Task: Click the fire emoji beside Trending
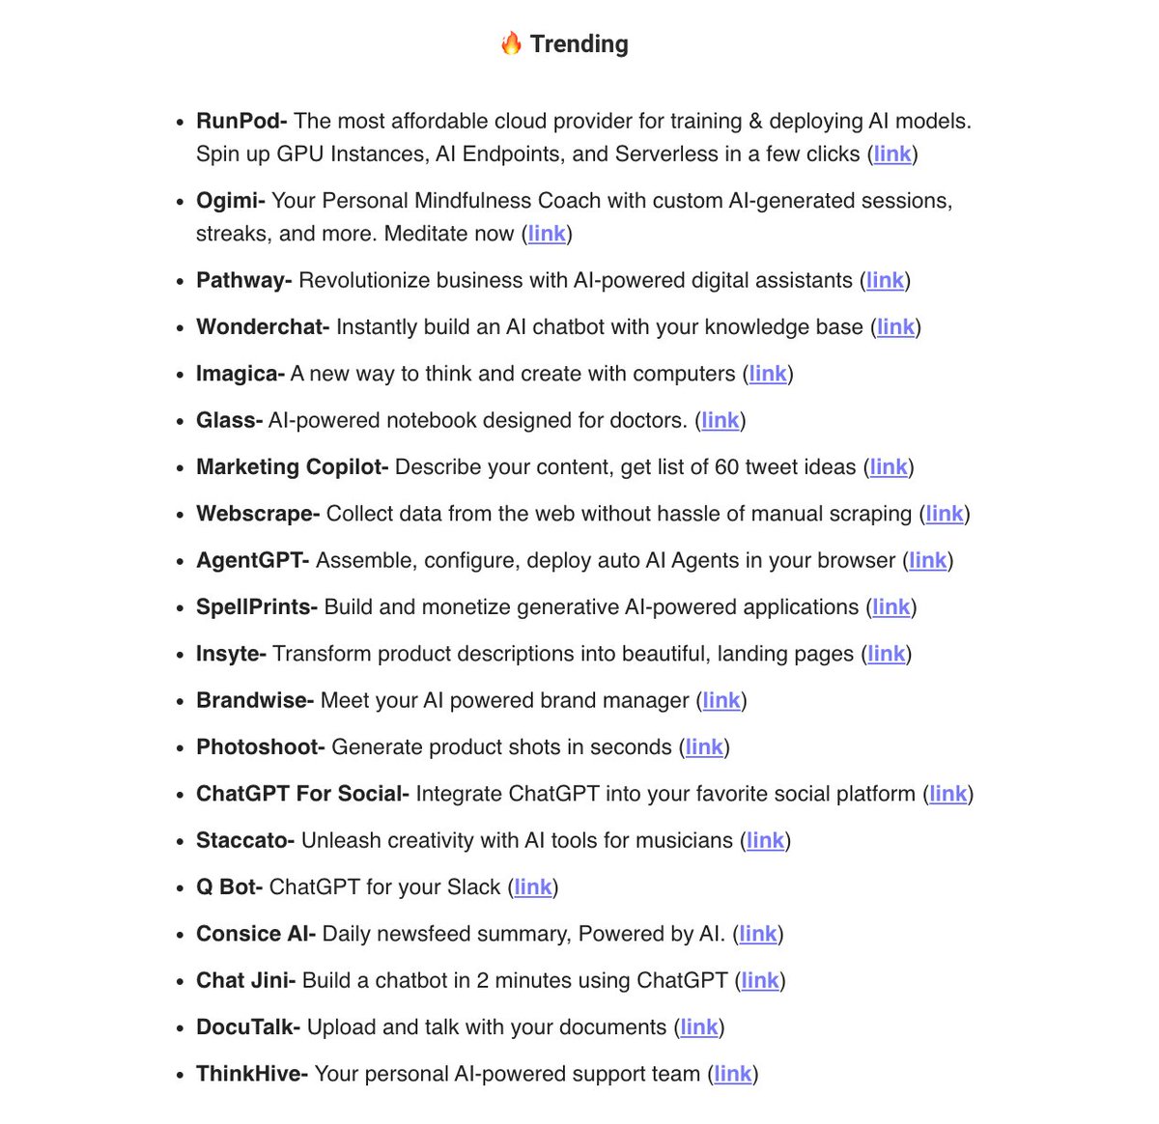tap(511, 43)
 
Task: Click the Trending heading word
tap(579, 44)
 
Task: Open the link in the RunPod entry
tap(892, 155)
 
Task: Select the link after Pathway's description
tap(885, 281)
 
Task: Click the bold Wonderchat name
tap(262, 327)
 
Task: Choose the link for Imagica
tap(768, 374)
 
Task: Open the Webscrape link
tap(945, 514)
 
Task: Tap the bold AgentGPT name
tap(252, 561)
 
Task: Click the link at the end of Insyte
tap(887, 654)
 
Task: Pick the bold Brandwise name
tap(254, 701)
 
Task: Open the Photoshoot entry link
tap(704, 747)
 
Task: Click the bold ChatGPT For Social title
tap(302, 794)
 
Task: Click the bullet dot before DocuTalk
tap(181, 1028)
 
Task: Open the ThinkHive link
tap(733, 1074)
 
